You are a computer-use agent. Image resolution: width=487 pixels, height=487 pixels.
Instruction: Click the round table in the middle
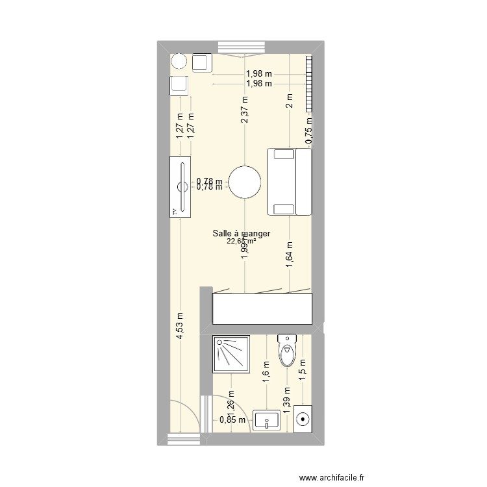[x=245, y=182]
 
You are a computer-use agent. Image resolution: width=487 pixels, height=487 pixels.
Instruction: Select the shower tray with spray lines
[x=232, y=354]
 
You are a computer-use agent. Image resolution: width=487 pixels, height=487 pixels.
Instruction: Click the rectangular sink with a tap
[x=267, y=420]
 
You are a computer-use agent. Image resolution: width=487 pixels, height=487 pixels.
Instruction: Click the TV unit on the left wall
[x=180, y=186]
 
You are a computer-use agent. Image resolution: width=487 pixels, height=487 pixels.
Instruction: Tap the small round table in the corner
[x=179, y=62]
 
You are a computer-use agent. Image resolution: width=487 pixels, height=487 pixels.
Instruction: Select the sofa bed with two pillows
[x=289, y=182]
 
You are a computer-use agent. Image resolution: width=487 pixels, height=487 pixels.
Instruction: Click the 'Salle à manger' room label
[x=241, y=234]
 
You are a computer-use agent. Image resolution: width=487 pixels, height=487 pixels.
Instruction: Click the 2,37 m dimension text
[x=245, y=110]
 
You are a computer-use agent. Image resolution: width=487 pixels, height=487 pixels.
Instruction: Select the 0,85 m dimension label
[x=232, y=419]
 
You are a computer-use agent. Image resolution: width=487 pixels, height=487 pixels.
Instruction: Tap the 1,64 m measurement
[x=289, y=255]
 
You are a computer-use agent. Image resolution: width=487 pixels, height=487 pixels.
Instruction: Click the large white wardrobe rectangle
[x=262, y=308]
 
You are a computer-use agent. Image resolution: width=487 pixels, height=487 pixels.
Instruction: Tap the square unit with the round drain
[x=303, y=419]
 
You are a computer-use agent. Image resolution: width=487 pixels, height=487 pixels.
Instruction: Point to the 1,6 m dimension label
[x=266, y=373]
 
